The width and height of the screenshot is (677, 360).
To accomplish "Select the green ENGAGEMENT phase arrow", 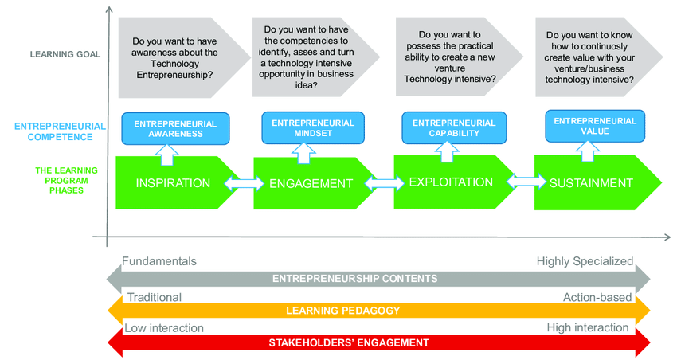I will [311, 184].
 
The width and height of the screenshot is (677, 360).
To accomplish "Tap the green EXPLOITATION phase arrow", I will [451, 182].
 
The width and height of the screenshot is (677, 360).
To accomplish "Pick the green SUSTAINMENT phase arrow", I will [591, 183].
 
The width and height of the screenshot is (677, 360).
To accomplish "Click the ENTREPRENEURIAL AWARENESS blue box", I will [174, 129].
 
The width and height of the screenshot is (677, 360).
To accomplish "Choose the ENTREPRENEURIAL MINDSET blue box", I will [313, 128].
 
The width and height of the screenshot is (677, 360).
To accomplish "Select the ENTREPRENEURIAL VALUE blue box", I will [595, 126].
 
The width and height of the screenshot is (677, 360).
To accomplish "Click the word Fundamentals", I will [159, 261].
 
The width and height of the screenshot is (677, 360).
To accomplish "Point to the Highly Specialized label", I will [585, 261].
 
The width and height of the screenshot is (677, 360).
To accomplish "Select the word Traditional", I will [155, 297].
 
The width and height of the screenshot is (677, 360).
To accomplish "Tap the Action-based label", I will [597, 297].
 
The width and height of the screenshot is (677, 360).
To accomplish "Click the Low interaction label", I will [164, 328].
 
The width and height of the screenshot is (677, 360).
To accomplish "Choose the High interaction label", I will [588, 328].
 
